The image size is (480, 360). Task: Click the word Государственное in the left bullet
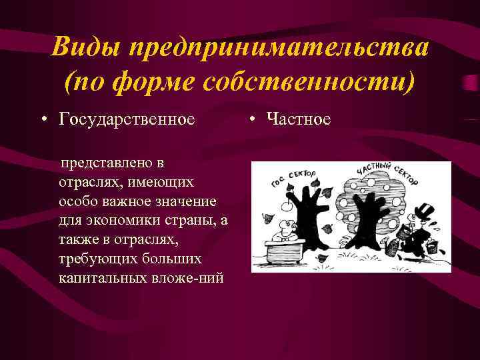127,119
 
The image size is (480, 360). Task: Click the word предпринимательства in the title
281,49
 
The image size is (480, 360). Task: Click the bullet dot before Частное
253,119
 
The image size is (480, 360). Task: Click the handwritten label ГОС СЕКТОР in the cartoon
294,176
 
